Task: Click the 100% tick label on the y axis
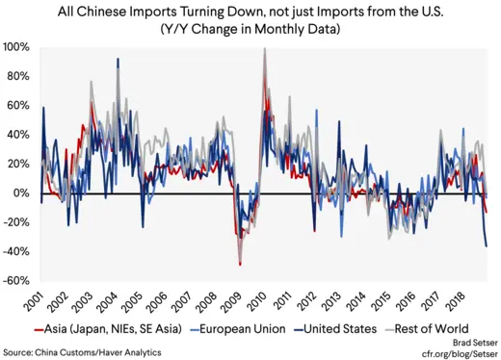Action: (16, 46)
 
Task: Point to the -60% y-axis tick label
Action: (14, 281)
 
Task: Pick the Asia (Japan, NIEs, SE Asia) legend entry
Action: (102, 329)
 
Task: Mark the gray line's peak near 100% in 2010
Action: (264, 48)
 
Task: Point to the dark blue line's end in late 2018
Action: (487, 246)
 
